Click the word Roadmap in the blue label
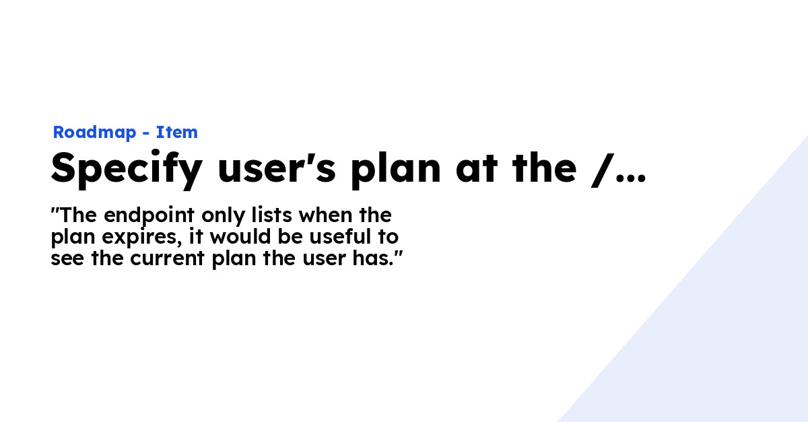[94, 133]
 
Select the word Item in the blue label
[177, 133]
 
